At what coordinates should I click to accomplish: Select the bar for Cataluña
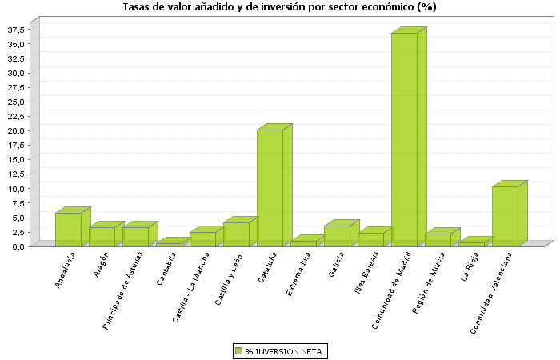(270, 187)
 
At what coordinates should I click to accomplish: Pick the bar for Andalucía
(68, 229)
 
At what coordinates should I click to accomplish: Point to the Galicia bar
(337, 235)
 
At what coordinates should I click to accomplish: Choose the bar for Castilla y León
(236, 234)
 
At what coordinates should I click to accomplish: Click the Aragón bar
(102, 236)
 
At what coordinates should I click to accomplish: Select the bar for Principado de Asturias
(135, 236)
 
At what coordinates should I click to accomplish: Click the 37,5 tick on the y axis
(17, 30)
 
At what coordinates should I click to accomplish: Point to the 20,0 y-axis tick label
(17, 130)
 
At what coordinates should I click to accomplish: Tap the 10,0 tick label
(17, 189)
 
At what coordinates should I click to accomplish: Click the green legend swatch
(238, 350)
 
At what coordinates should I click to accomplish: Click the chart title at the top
(279, 7)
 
